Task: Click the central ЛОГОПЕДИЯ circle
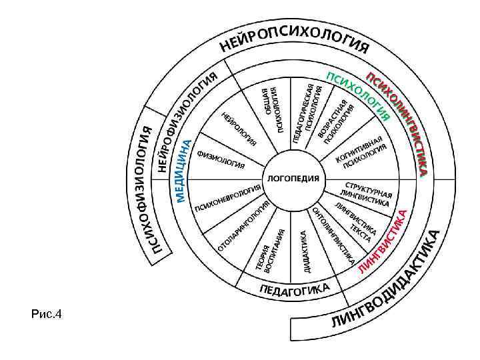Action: click(x=293, y=179)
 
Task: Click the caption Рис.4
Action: click(x=45, y=313)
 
